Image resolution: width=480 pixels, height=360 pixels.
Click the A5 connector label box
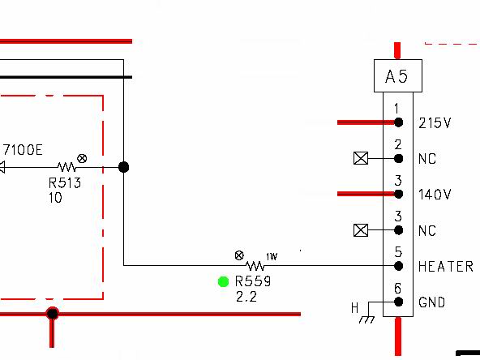click(398, 76)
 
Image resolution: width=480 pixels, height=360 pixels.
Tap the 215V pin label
click(435, 123)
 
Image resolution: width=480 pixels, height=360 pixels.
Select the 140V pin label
click(435, 195)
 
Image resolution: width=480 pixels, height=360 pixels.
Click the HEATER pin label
click(446, 267)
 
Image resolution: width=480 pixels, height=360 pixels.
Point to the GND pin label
click(431, 302)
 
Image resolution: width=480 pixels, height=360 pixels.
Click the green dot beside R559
click(223, 281)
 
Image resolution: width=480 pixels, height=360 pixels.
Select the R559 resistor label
click(253, 281)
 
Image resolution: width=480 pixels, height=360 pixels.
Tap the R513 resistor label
click(65, 183)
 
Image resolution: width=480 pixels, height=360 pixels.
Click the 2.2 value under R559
click(246, 297)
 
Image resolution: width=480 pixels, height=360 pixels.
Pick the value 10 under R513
click(55, 198)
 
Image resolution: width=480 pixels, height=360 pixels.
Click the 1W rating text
click(272, 256)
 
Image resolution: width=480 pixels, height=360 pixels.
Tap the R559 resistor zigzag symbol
click(255, 266)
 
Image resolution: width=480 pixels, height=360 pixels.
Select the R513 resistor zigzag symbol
click(66, 167)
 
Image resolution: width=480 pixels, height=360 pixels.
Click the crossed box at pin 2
click(361, 158)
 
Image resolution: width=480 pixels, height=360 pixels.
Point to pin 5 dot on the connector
click(398, 266)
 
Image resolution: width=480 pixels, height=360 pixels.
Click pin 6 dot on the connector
click(398, 302)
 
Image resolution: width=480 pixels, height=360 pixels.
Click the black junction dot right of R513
click(124, 167)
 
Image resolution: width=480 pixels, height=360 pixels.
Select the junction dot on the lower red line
click(53, 314)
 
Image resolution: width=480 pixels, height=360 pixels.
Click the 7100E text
click(23, 150)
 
